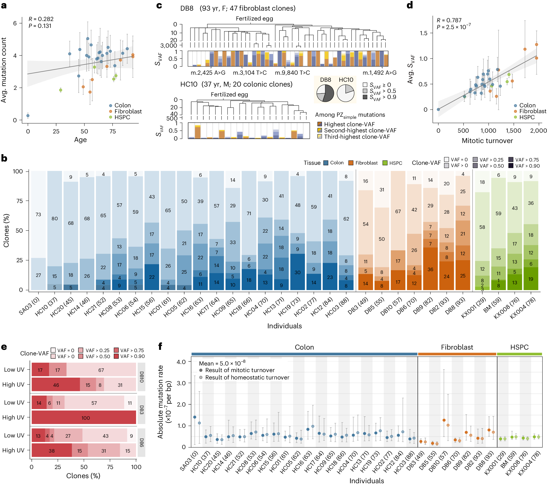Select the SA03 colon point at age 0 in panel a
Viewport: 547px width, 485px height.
[28, 116]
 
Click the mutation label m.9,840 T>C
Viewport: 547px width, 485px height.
[292, 73]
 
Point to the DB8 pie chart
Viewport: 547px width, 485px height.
[325, 93]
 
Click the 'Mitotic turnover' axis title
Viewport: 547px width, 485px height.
[487, 140]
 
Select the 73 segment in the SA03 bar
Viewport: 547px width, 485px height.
[38, 214]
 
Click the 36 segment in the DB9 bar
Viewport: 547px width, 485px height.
[430, 269]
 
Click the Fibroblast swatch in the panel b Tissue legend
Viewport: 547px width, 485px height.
[351, 163]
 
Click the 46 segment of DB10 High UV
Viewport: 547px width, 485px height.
[56, 385]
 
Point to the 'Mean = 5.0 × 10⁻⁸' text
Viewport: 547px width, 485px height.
[222, 363]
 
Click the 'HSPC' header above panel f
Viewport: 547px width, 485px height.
[519, 347]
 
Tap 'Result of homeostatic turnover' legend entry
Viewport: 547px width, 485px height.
[247, 377]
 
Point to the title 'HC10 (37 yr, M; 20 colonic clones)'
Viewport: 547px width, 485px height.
[236, 84]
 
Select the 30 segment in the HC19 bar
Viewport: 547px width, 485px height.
[298, 272]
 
